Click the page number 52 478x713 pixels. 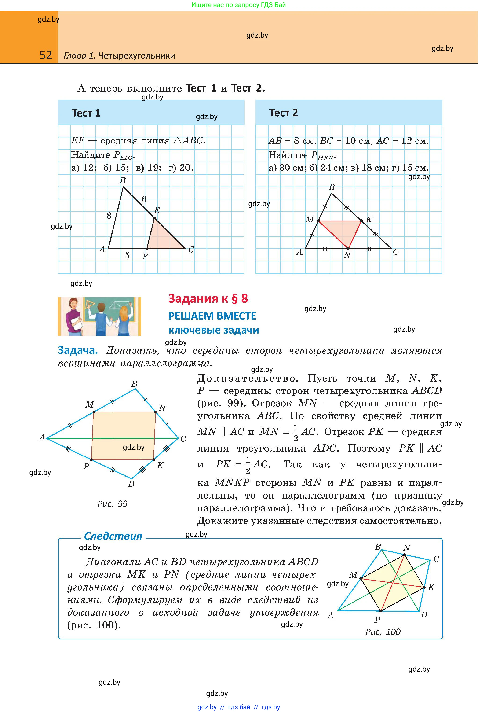pos(46,55)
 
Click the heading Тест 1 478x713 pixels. pos(86,113)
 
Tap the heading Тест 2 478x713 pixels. pos(283,113)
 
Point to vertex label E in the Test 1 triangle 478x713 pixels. pos(157,210)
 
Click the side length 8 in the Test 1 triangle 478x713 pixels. pos(109,216)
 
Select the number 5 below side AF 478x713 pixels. pos(128,256)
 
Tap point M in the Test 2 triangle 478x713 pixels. pos(318,221)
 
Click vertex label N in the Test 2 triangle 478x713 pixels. pos(347,255)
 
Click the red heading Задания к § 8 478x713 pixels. pos(208,298)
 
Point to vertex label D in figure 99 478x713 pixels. pos(131,484)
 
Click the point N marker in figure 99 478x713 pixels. pos(155,412)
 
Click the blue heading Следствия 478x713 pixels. pos(113,536)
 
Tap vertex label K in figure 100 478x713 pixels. pos(431,587)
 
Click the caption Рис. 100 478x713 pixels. pos(383,632)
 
